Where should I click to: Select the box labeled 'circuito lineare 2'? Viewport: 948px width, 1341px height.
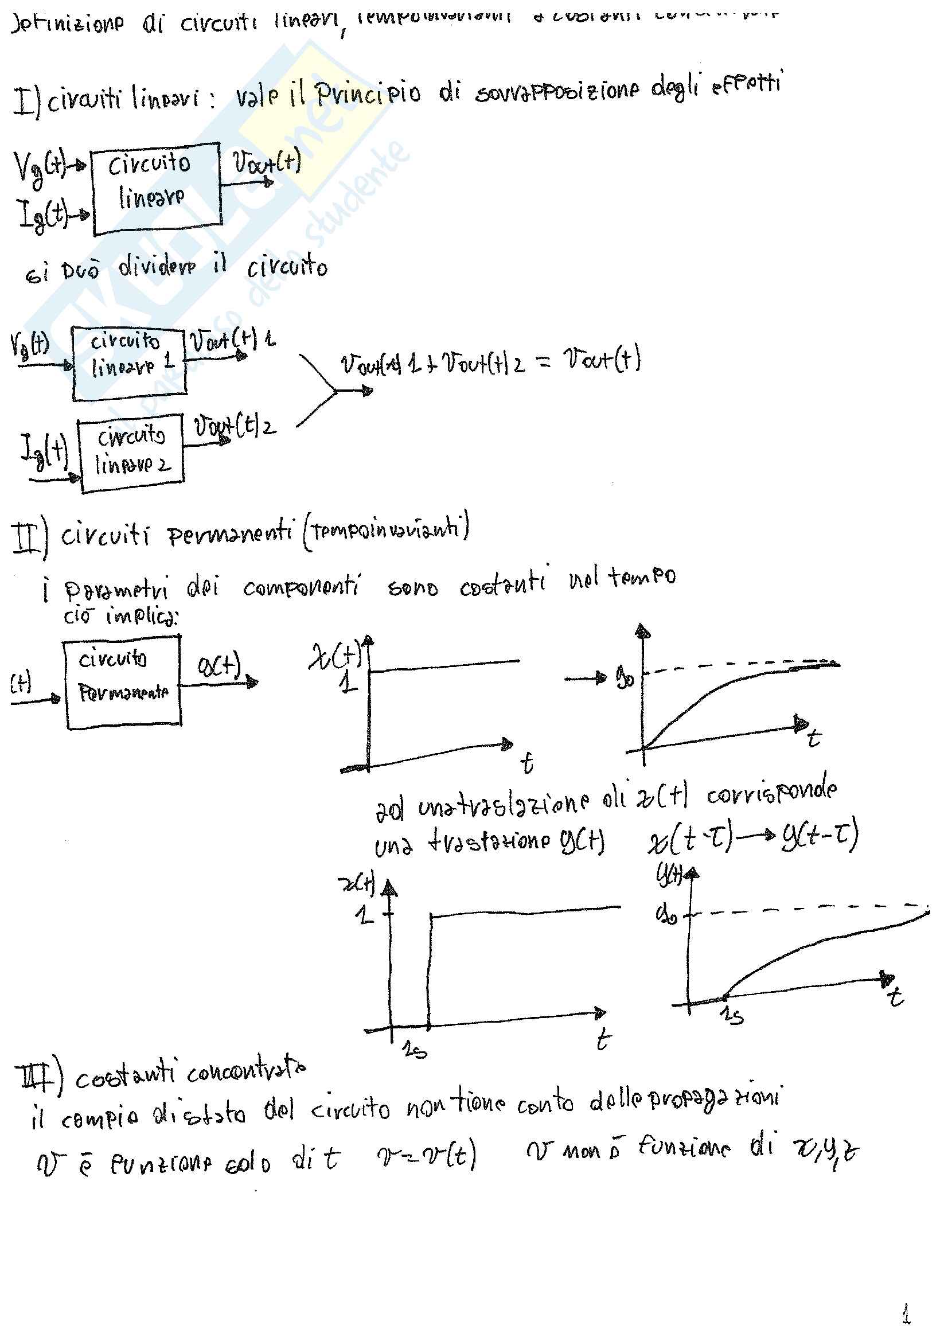[132, 452]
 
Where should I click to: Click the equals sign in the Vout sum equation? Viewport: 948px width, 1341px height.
[543, 364]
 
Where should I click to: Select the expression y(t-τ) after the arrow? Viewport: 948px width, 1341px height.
[820, 837]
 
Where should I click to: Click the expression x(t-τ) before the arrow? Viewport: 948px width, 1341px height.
[689, 840]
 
